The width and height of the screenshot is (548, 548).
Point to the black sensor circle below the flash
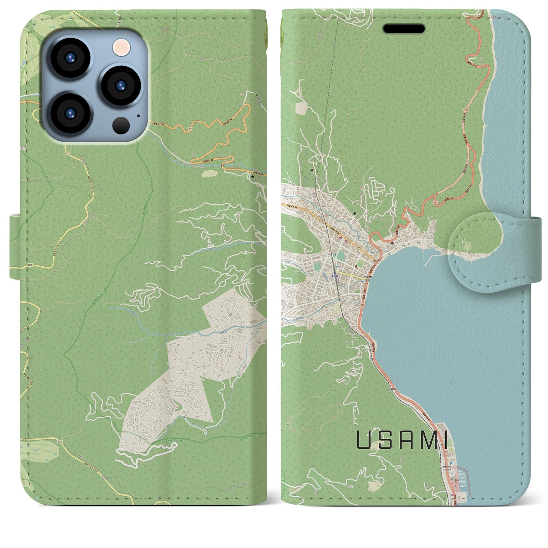[122, 125]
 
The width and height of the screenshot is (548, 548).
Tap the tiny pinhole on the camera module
[138, 115]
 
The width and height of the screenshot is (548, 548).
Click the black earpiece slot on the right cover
[403, 29]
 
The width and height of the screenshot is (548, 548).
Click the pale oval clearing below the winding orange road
[209, 174]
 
